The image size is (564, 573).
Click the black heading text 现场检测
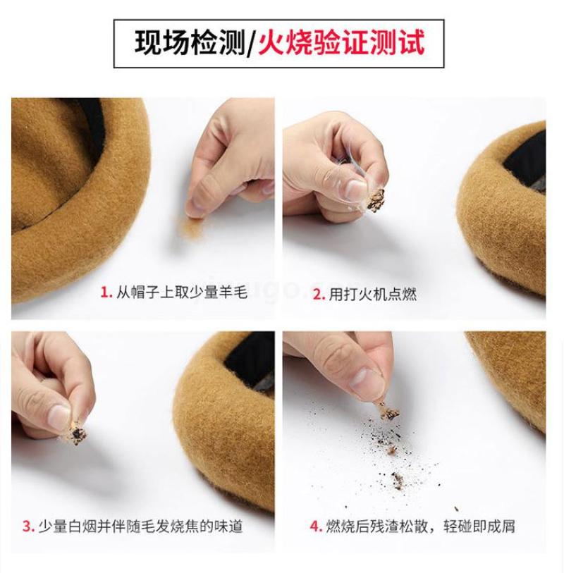[x=190, y=43]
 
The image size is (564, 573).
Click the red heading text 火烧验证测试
[x=342, y=43]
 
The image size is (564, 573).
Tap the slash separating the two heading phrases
[x=251, y=44]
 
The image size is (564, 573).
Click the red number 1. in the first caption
[x=106, y=292]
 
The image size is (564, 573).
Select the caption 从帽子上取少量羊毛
[x=182, y=292]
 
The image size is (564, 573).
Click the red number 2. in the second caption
[x=319, y=294]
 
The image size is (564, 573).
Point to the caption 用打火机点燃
[x=373, y=294]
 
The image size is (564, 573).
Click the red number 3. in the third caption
[x=28, y=526]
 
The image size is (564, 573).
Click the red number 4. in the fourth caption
[x=316, y=526]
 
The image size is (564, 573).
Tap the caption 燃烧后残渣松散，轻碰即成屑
[x=421, y=526]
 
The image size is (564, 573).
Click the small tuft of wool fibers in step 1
[x=190, y=226]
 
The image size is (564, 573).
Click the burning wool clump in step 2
[x=376, y=200]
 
